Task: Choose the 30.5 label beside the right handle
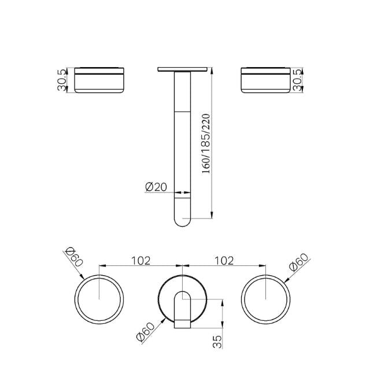click(x=297, y=80)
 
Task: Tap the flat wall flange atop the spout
click(x=182, y=69)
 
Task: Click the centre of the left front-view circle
click(x=99, y=298)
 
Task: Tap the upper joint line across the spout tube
click(x=182, y=110)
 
